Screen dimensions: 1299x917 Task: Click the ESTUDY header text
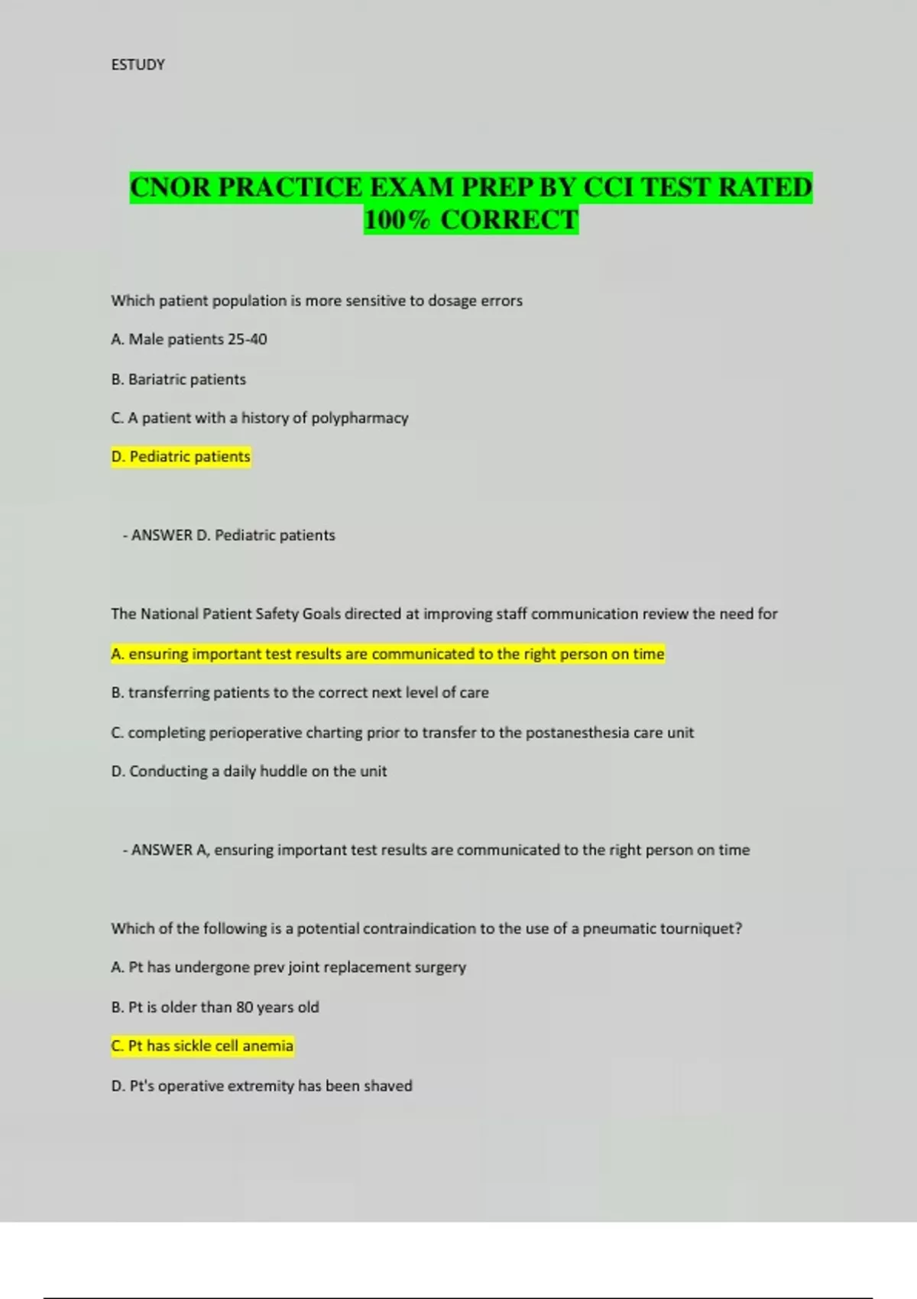click(x=138, y=65)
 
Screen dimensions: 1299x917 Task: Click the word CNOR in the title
click(x=170, y=187)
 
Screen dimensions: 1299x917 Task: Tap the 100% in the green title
click(x=397, y=220)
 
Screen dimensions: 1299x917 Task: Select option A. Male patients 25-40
click(x=189, y=339)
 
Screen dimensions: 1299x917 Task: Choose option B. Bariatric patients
click(x=179, y=380)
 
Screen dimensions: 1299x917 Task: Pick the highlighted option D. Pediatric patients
click(x=181, y=457)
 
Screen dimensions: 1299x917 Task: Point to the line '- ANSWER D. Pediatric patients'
click(x=228, y=536)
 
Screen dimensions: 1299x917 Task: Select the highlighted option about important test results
click(x=387, y=654)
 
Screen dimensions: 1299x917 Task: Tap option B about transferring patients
click(x=300, y=693)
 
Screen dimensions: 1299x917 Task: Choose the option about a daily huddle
click(x=249, y=772)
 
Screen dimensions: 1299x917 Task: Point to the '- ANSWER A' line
click(x=436, y=850)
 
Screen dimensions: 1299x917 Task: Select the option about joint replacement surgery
click(x=288, y=967)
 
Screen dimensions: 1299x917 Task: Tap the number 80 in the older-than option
click(x=245, y=1007)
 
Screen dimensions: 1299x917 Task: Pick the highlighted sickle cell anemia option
click(x=203, y=1046)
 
